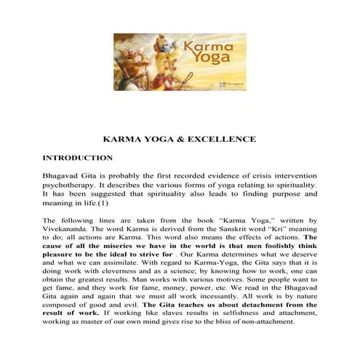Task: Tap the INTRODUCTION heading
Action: click(77, 157)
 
